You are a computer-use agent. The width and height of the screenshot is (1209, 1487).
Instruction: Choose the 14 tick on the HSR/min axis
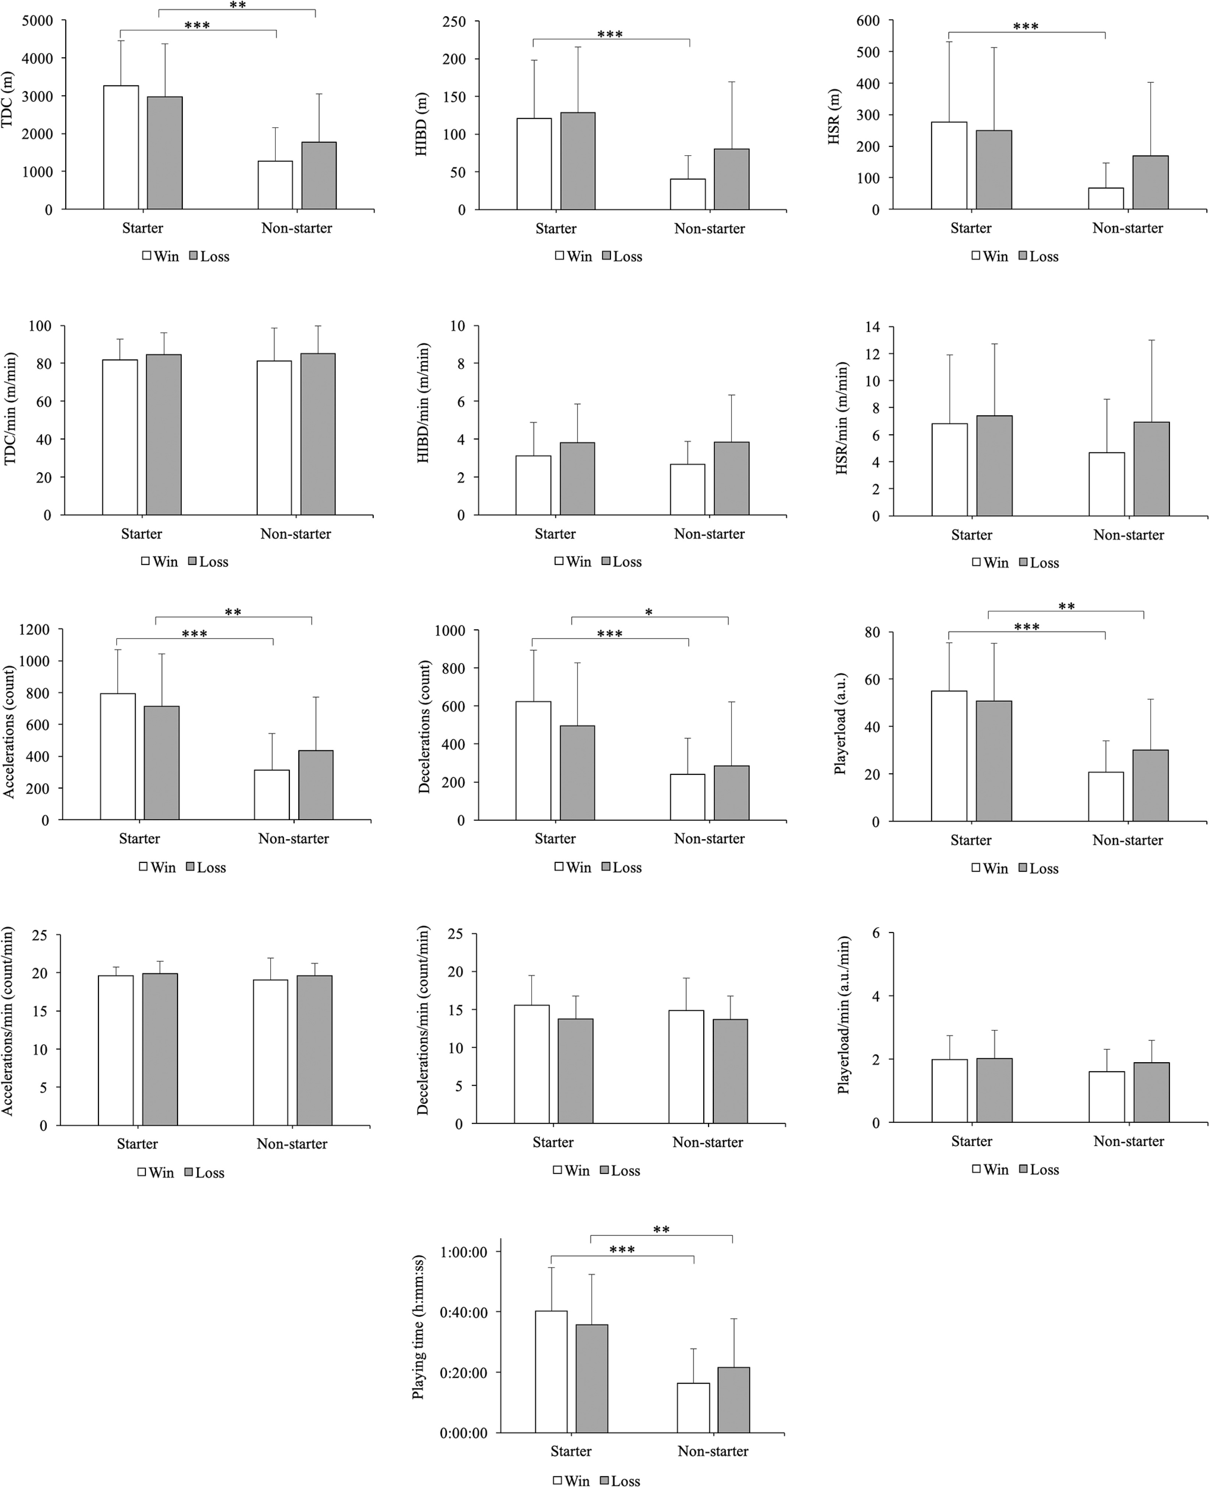[872, 327]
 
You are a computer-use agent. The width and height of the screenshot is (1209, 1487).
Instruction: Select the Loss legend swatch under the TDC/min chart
[193, 561]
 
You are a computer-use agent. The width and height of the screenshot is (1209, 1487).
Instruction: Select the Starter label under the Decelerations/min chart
[553, 1142]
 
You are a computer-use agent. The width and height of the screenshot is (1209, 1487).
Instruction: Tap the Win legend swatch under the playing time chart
[558, 1480]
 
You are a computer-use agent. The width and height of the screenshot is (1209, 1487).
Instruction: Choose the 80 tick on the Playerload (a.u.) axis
[872, 632]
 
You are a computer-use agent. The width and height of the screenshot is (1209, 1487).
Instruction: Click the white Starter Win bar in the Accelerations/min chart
[115, 1050]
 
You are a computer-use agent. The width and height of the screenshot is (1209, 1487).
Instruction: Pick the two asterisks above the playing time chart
[661, 1230]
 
